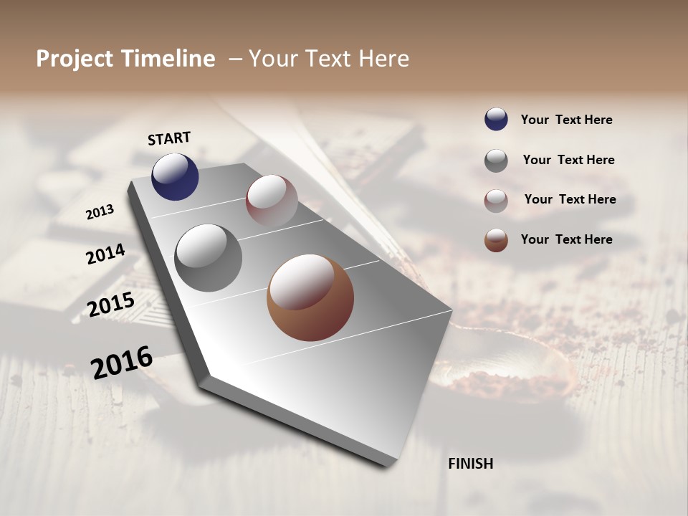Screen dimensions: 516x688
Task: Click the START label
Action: coord(169,138)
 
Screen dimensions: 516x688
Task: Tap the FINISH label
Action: coord(471,464)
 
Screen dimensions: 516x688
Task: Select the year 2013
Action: coord(100,212)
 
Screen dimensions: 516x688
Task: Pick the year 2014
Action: coord(105,254)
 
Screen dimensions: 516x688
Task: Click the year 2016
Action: coord(122,363)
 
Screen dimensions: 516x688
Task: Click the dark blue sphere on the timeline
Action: coord(175,176)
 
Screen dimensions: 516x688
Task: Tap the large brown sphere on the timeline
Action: coord(310,297)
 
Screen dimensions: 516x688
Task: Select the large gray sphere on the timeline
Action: coord(209,258)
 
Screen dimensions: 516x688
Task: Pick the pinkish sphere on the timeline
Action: coord(272,201)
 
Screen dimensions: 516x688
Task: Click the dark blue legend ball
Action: coord(496,120)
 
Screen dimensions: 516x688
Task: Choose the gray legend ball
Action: coord(496,161)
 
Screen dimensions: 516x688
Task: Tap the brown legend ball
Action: coord(496,240)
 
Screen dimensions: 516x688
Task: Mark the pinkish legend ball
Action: coord(496,201)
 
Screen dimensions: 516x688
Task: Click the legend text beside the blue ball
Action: coord(566,120)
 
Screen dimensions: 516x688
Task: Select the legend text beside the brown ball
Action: coord(566,239)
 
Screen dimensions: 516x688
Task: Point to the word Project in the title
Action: coord(75,59)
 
